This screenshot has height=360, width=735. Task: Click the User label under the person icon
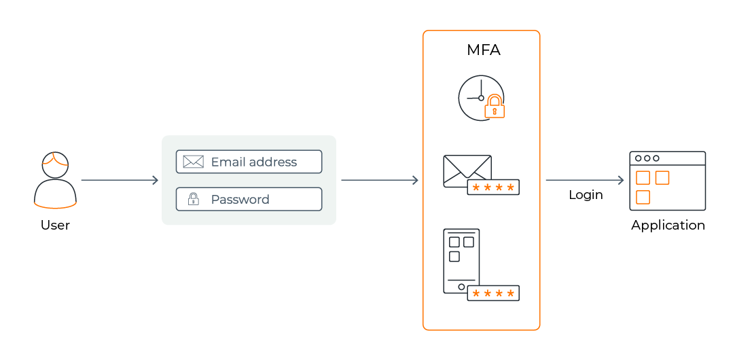pos(55,226)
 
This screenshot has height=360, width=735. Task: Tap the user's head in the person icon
pos(55,164)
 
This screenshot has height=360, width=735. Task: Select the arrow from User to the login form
pos(120,181)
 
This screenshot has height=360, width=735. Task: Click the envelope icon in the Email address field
pos(194,162)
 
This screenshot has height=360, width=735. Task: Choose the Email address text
pos(253,162)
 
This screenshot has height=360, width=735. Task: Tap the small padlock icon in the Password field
pos(194,199)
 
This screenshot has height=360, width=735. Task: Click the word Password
pos(240,200)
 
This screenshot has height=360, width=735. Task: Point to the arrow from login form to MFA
pos(379,181)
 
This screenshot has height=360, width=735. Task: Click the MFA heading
pos(484,50)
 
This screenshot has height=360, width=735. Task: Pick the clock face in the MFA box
pos(476,96)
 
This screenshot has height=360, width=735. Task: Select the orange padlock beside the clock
pos(495,107)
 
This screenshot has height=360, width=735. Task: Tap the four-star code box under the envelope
pos(493,187)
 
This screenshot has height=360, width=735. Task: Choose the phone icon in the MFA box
pos(461,260)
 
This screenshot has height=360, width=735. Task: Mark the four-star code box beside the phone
pos(493,293)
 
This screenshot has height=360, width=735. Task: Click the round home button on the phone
pos(461,287)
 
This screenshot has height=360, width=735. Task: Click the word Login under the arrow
pos(586,195)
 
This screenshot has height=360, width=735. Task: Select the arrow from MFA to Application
pos(585,181)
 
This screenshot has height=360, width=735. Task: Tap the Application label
pos(668,226)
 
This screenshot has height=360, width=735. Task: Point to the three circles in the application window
pos(647,158)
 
